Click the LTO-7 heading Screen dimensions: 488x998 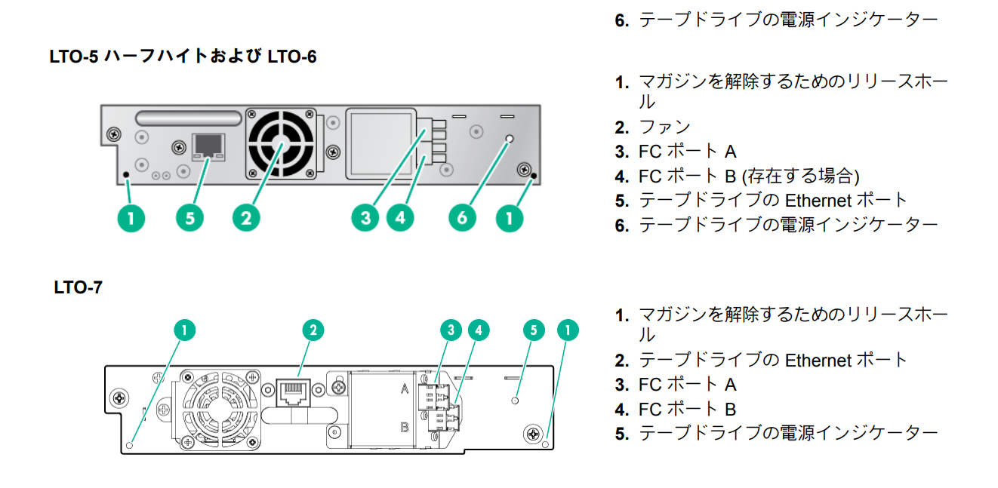[x=78, y=287]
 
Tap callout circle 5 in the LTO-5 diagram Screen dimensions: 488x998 [x=190, y=219]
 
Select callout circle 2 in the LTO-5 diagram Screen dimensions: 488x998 [x=246, y=219]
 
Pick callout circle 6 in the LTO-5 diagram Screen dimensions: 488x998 [x=463, y=219]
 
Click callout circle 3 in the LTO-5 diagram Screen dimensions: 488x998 [x=366, y=219]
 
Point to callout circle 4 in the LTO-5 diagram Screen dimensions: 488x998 [x=400, y=219]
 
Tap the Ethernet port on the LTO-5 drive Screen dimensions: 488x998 [x=208, y=146]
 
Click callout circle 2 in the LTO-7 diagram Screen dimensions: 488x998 [x=313, y=330]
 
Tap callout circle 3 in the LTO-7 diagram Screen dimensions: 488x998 [x=451, y=330]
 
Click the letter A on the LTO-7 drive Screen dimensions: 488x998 [x=405, y=388]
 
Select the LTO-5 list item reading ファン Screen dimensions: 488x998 [x=664, y=127]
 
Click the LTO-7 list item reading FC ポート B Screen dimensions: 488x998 [x=687, y=409]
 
